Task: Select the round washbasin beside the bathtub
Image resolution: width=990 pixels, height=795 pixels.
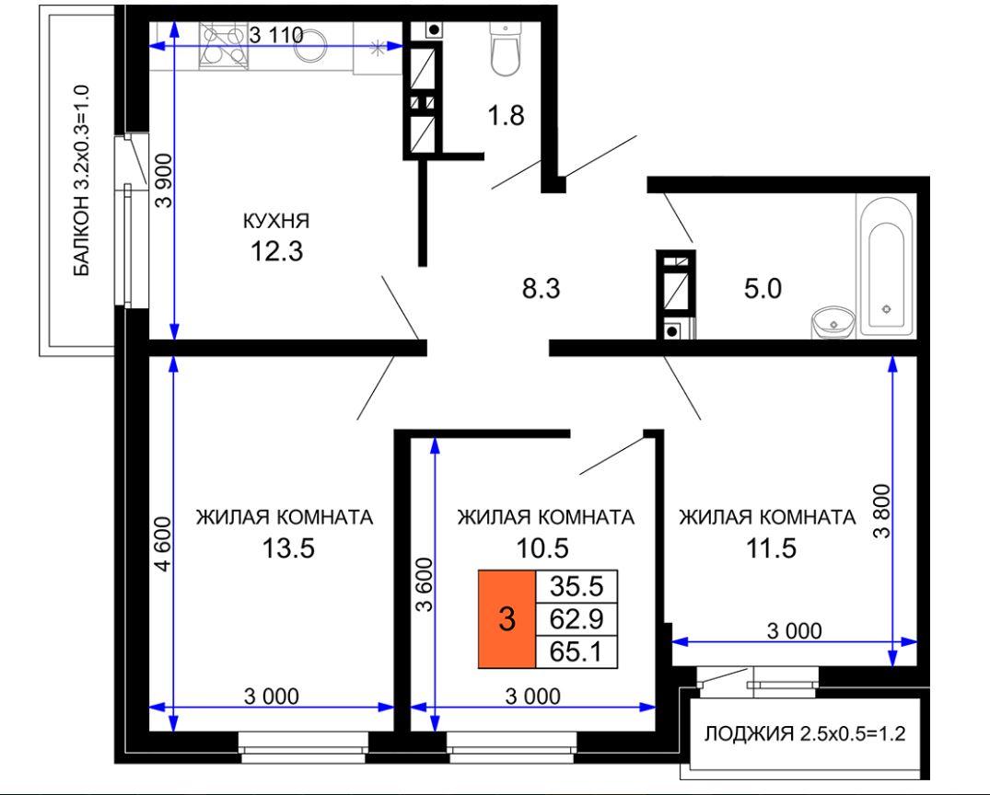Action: pos(833,322)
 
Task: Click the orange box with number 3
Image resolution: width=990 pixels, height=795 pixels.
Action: pos(507,619)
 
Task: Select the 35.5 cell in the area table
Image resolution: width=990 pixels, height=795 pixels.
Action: pos(577,586)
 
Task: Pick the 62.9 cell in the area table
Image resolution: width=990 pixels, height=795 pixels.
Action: pos(577,619)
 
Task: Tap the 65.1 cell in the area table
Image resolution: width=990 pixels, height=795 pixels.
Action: pos(577,651)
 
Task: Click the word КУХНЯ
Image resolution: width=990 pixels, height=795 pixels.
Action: pos(276,222)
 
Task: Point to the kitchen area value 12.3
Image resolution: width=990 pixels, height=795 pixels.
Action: pos(276,251)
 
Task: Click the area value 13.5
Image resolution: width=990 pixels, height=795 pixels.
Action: pos(288,548)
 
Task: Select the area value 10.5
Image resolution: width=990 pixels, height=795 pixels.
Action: pos(542,548)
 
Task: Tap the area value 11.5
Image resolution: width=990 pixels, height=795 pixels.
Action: pos(771,548)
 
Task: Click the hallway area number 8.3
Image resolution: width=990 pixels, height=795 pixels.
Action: pos(542,289)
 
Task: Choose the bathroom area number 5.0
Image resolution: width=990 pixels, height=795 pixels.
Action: pos(763,289)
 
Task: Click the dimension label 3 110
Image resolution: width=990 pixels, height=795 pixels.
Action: pos(276,35)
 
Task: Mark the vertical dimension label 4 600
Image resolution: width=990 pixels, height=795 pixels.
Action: pos(163,544)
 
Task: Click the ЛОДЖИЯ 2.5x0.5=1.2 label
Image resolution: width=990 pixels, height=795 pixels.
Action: pos(805,733)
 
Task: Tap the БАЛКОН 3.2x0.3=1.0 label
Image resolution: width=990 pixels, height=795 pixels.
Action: pos(81,181)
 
